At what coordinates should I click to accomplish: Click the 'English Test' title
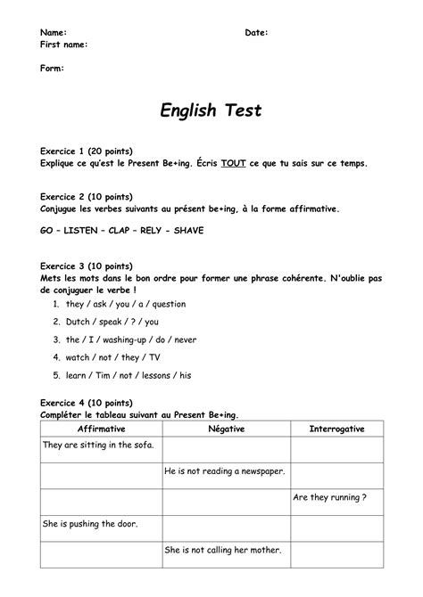pos(211,110)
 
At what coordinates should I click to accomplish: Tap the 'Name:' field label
pos(54,32)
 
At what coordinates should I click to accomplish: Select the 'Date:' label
pos(256,32)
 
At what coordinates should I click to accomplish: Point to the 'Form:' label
pos(53,68)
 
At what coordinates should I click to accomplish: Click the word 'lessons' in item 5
pos(157,375)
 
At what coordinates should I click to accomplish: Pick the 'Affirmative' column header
pos(102,429)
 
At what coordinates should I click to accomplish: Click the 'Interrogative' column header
pos(336,429)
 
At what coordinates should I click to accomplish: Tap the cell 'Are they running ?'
pos(329,497)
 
